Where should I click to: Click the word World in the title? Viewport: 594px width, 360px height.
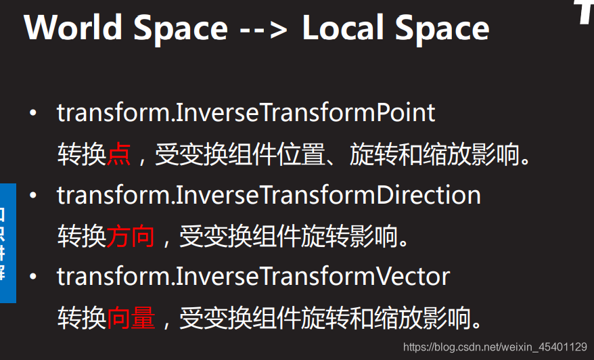(73, 28)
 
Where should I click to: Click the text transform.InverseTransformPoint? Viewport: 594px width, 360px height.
(246, 112)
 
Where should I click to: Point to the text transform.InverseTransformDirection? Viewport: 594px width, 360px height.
(269, 195)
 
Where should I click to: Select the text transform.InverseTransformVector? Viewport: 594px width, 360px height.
(253, 276)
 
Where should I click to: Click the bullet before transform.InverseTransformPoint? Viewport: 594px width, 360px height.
(32, 113)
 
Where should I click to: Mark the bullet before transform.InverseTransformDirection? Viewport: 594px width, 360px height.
(32, 196)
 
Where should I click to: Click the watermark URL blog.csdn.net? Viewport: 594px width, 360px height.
(495, 347)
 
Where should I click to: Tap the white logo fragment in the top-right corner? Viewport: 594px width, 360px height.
(585, 12)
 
